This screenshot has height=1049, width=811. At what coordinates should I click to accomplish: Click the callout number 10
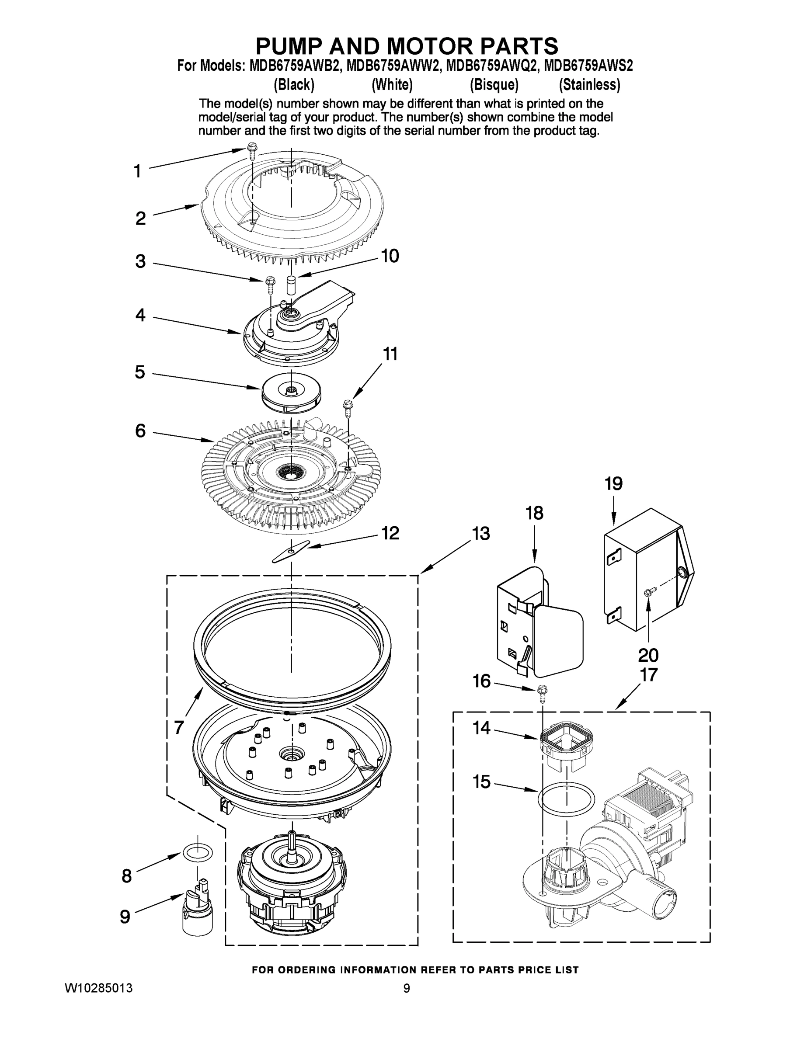390,256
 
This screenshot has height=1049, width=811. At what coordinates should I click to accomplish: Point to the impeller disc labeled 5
291,392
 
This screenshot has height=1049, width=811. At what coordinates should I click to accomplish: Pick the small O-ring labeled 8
198,853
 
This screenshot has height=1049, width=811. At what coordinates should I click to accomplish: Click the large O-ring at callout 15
566,801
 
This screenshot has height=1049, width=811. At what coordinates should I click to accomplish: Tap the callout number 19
613,484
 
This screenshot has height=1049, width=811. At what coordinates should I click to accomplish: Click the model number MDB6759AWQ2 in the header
490,65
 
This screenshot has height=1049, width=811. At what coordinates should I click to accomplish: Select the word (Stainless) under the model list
589,85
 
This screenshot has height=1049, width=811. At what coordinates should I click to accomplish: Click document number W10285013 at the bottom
99,989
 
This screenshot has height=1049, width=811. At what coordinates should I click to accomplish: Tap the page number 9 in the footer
407,989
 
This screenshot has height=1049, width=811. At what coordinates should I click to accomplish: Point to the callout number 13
480,534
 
